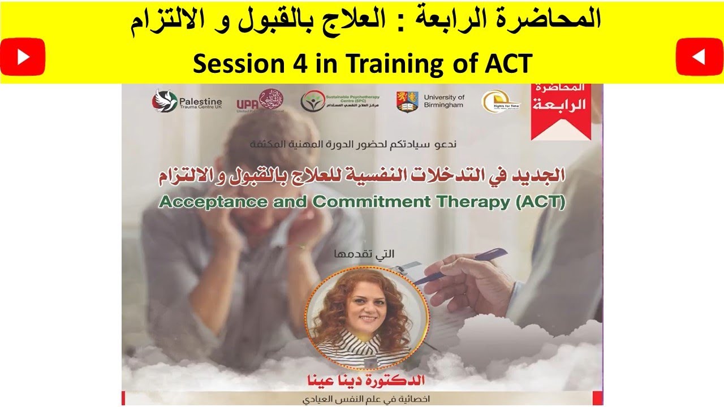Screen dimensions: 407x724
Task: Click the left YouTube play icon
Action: pos(23,57)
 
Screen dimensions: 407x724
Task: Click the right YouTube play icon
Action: pos(699,57)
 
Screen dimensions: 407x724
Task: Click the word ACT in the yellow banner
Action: pos(508,64)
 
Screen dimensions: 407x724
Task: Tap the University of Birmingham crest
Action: pos(407,101)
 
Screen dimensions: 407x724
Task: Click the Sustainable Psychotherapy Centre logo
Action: pos(312,101)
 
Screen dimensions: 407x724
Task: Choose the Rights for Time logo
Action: pos(493,101)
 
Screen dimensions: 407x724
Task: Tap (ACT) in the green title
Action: pos(541,202)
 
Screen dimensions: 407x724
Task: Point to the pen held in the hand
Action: pos(453,268)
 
